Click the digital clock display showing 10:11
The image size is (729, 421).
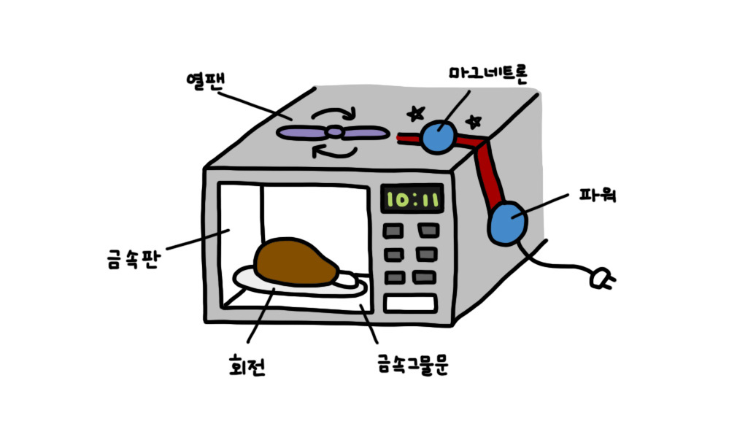pos(413,198)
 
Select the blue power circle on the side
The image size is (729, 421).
pos(509,225)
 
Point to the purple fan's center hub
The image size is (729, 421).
pos(333,132)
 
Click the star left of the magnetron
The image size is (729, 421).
pos(416,113)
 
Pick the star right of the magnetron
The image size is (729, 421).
pos(474,119)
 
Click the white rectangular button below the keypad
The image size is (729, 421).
pos(410,302)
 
